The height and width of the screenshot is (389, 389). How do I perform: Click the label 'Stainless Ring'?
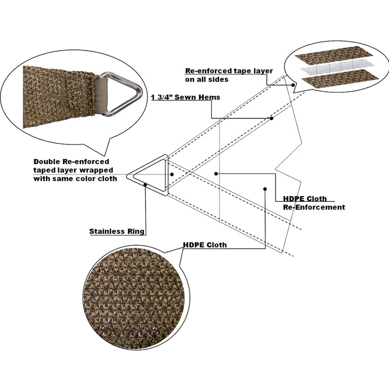coord(117,232)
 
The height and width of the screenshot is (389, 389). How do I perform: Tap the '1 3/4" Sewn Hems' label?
coord(186,97)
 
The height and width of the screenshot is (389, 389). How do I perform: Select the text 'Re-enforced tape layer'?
coord(229,71)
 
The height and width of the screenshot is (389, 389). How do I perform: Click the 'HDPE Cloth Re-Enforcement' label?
coord(314,203)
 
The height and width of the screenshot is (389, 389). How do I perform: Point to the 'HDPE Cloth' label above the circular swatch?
coord(205,245)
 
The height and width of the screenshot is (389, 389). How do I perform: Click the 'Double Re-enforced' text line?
coord(72,162)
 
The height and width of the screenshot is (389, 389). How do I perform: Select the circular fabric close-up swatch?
coord(136,297)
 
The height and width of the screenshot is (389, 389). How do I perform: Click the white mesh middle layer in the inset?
coord(337,67)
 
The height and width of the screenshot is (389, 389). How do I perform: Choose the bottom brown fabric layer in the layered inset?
coord(340,78)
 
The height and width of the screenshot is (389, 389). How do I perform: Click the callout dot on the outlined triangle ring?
coord(146,184)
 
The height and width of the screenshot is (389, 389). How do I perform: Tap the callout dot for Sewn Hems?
coord(272,118)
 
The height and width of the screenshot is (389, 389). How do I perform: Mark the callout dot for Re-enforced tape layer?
coord(293,85)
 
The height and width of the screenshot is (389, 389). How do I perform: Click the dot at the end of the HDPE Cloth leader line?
coord(265,189)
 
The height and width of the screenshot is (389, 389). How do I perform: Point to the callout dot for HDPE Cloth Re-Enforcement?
coord(216,173)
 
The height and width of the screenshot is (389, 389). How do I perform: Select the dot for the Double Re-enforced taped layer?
coord(172,174)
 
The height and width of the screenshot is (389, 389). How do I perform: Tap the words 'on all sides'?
coord(207,79)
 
